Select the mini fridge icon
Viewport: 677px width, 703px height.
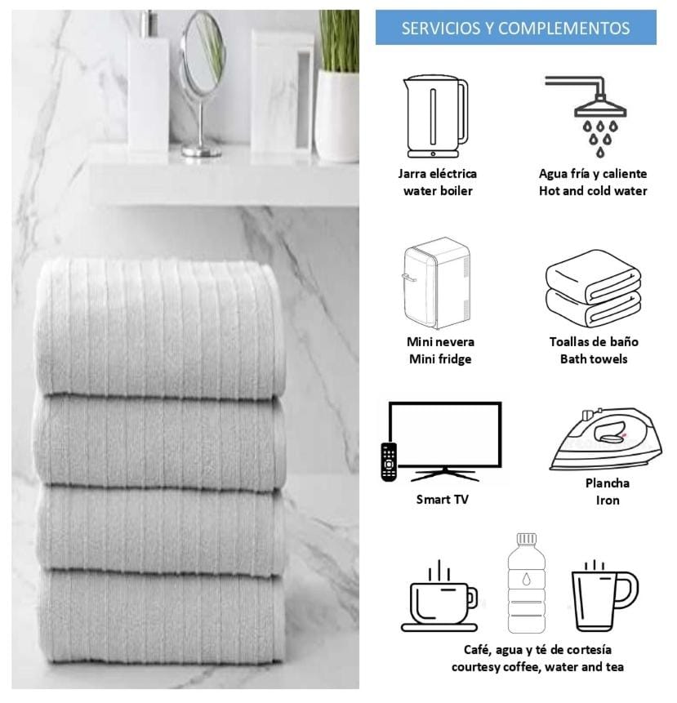pos(436,283)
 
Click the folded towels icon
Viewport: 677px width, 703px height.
pos(593,289)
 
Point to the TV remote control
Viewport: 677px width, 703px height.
pos(388,462)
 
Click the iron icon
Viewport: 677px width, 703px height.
pos(606,438)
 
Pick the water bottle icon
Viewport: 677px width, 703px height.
pos(527,583)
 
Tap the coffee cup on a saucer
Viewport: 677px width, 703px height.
pos(439,597)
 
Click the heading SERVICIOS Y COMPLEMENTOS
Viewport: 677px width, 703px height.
pos(515,29)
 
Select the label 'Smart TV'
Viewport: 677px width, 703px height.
pos(442,500)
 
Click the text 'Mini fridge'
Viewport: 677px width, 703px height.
pos(440,359)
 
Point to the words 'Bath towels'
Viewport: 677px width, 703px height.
pos(594,359)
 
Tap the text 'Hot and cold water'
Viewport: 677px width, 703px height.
pos(593,191)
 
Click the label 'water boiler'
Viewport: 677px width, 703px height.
pos(438,191)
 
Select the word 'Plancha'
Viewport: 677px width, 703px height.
pos(607,483)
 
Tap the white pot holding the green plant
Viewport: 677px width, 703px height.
pos(337,116)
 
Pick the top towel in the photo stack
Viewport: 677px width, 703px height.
pos(159,327)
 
